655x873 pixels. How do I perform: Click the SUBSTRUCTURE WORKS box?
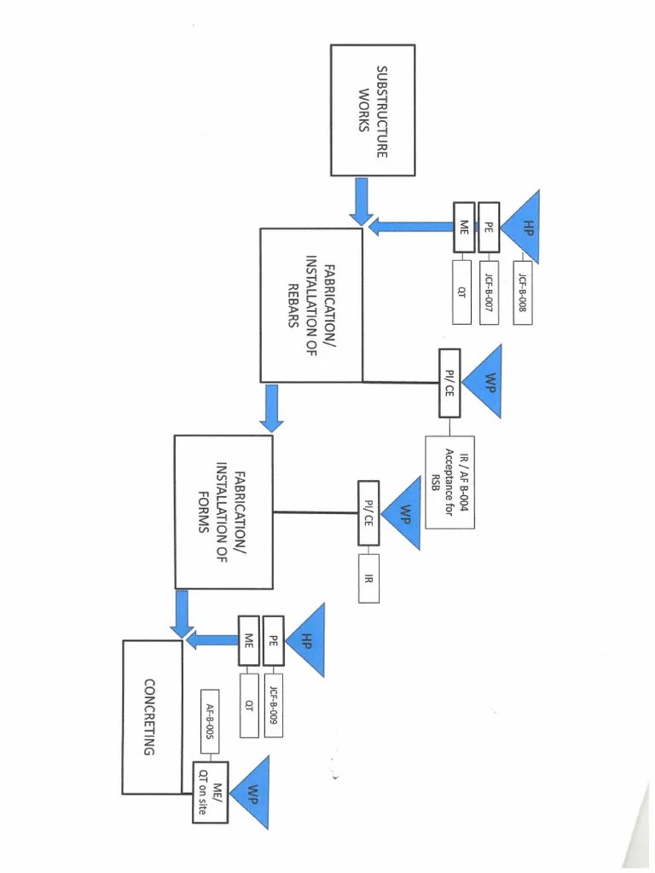(x=373, y=110)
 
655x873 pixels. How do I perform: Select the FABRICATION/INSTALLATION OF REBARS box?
(x=311, y=304)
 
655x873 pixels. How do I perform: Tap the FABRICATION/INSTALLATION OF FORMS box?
(x=223, y=512)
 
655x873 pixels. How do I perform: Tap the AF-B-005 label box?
(x=209, y=716)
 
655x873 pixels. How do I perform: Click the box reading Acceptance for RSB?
(x=449, y=482)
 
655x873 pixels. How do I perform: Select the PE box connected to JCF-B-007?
(x=488, y=228)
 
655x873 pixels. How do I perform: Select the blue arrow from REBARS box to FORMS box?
(x=272, y=408)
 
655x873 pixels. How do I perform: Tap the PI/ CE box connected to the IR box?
(x=368, y=513)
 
